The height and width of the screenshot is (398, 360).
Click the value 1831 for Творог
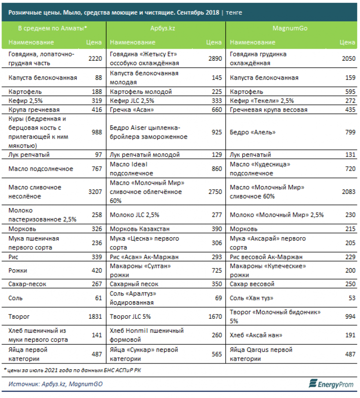pyautogui.click(x=94, y=316)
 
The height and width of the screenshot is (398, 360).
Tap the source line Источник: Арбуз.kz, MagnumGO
pyautogui.click(x=56, y=384)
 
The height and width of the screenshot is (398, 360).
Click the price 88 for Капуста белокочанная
pyautogui.click(x=98, y=78)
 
